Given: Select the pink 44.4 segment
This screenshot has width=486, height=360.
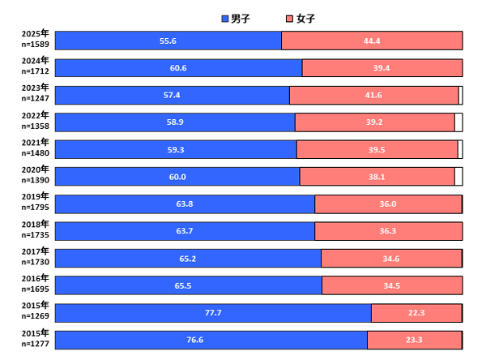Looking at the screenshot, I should pos(372,41).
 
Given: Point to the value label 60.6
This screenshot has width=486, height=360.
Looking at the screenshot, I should pos(178,68).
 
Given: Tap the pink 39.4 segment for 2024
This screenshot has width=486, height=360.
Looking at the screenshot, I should pos(382,68).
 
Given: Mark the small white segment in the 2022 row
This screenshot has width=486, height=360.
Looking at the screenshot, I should pos(458,122).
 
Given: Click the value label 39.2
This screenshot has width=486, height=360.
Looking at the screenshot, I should pos(373,122).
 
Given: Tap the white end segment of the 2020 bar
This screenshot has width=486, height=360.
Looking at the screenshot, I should pos(458,177).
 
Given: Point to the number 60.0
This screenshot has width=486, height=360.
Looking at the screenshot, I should pos(177,177).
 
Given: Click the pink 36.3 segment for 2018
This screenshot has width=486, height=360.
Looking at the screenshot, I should pos(388,231).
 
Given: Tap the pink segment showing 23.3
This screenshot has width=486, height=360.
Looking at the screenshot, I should pos(414,340).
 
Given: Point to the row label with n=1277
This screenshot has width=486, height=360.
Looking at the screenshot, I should pos(35,338).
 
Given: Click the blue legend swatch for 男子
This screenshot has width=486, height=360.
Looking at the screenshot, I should pos(225,19).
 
